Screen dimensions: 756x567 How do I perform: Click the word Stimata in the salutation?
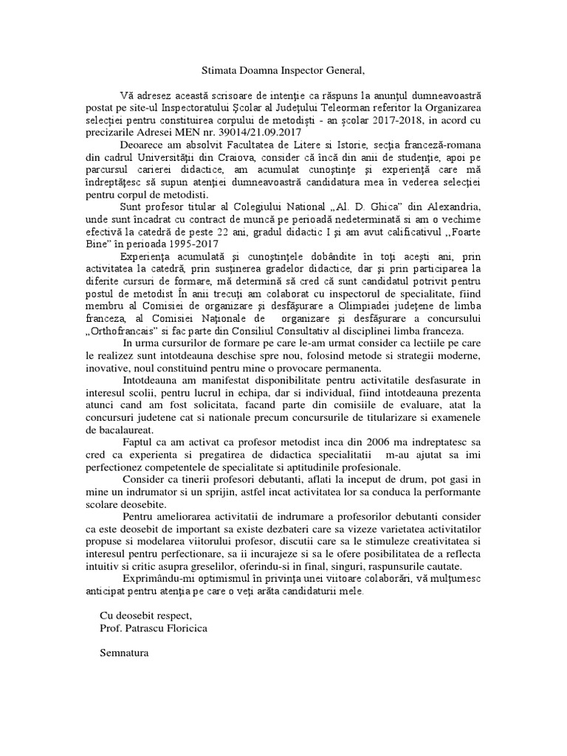click(218, 71)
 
